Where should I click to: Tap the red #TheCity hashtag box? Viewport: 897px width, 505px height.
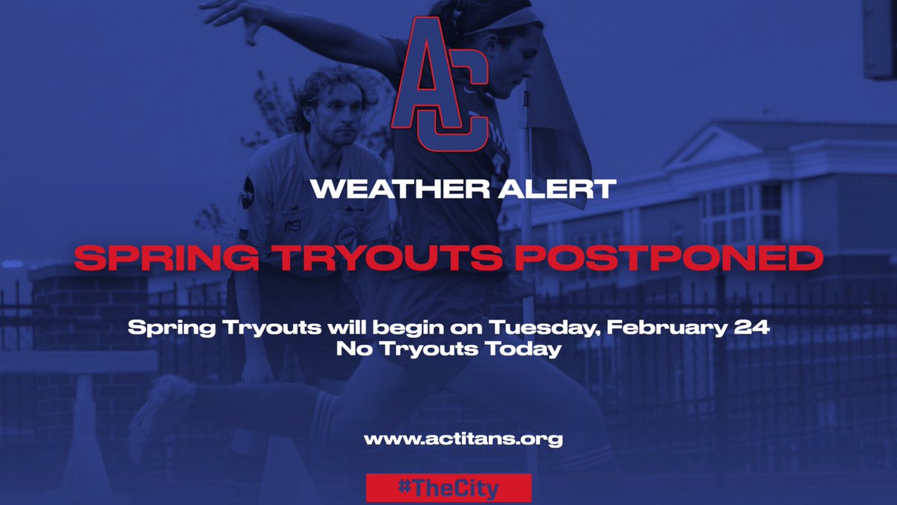[x=449, y=488]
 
